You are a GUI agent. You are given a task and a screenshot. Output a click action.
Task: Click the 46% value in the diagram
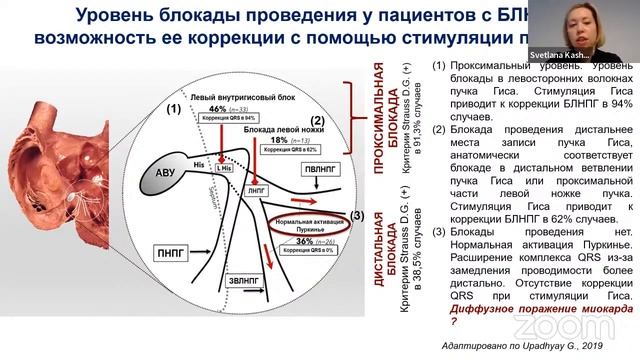[x=219, y=107]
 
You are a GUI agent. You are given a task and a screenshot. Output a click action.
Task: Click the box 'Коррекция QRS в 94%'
[x=230, y=118]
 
